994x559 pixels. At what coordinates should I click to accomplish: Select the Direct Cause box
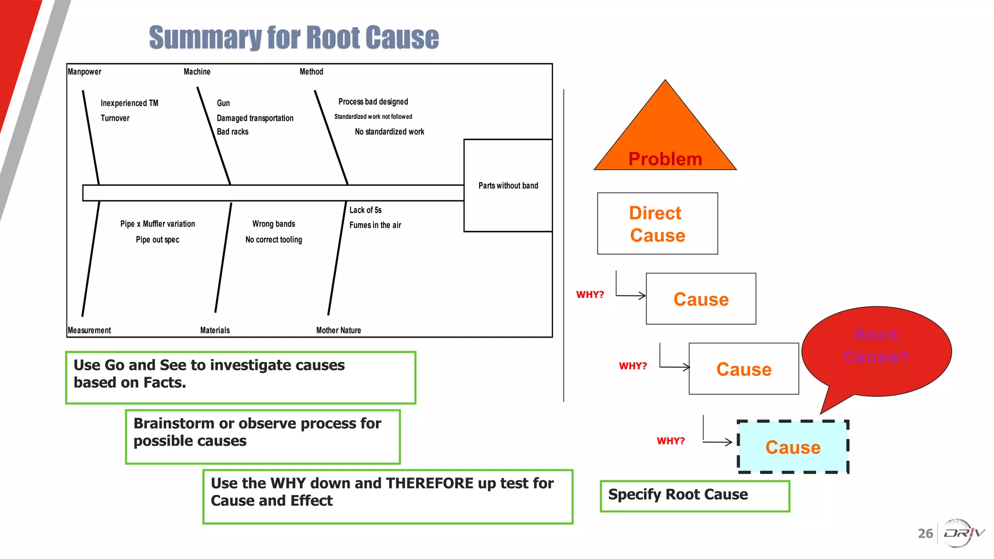657,224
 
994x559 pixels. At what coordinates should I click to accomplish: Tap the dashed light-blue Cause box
793,447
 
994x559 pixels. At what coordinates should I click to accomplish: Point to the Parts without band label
508,186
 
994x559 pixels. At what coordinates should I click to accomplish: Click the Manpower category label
84,72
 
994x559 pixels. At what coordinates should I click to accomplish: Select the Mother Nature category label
338,330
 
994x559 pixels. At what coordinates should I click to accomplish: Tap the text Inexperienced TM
129,103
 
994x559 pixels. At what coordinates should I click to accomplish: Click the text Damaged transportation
255,118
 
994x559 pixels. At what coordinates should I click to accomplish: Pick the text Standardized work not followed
373,117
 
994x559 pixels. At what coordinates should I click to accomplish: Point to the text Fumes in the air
375,225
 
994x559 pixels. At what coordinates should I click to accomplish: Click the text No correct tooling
273,240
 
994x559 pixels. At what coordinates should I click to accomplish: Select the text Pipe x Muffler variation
158,224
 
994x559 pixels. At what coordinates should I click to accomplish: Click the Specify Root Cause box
695,495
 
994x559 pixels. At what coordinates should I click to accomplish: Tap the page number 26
925,534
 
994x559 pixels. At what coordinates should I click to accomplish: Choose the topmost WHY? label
590,295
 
